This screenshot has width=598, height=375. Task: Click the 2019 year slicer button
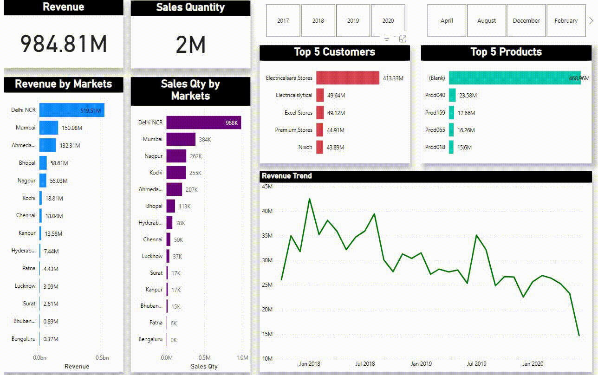tap(353, 21)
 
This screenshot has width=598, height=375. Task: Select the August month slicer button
tap(487, 21)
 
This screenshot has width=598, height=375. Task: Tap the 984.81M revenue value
tap(64, 44)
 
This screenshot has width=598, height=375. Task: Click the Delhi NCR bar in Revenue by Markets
tap(71, 110)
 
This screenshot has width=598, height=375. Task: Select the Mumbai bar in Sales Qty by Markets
tap(181, 139)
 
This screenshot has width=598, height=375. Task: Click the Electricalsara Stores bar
tap(348, 78)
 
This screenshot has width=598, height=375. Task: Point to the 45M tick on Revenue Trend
tap(267, 187)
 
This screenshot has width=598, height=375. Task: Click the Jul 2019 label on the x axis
tap(476, 364)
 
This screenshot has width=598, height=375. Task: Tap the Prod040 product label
tap(435, 95)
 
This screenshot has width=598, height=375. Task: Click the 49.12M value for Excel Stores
tap(336, 113)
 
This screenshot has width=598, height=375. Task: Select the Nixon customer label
tap(305, 147)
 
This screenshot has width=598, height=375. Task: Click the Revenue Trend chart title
tap(287, 176)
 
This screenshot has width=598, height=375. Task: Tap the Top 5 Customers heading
tap(334, 52)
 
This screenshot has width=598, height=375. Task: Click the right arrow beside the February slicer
tap(591, 21)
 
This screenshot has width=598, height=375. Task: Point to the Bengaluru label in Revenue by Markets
tap(23, 339)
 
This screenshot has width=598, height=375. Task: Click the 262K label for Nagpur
tap(195, 156)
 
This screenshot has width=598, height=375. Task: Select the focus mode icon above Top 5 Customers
tap(403, 39)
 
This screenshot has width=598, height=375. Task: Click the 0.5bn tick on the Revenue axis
tap(102, 358)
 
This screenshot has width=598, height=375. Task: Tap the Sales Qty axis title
tap(204, 367)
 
